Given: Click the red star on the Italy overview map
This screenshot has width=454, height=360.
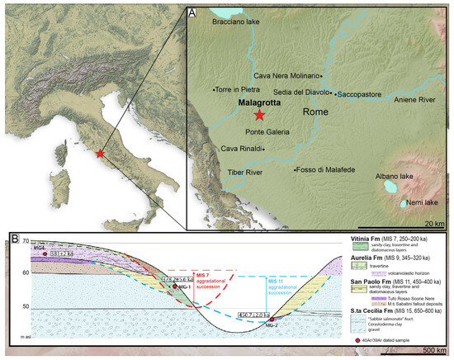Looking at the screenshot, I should pyautogui.click(x=100, y=154).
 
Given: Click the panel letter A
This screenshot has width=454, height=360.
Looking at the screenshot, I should pyautogui.click(x=192, y=12).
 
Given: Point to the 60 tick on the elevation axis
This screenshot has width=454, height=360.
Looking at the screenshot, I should pyautogui.click(x=25, y=272).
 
